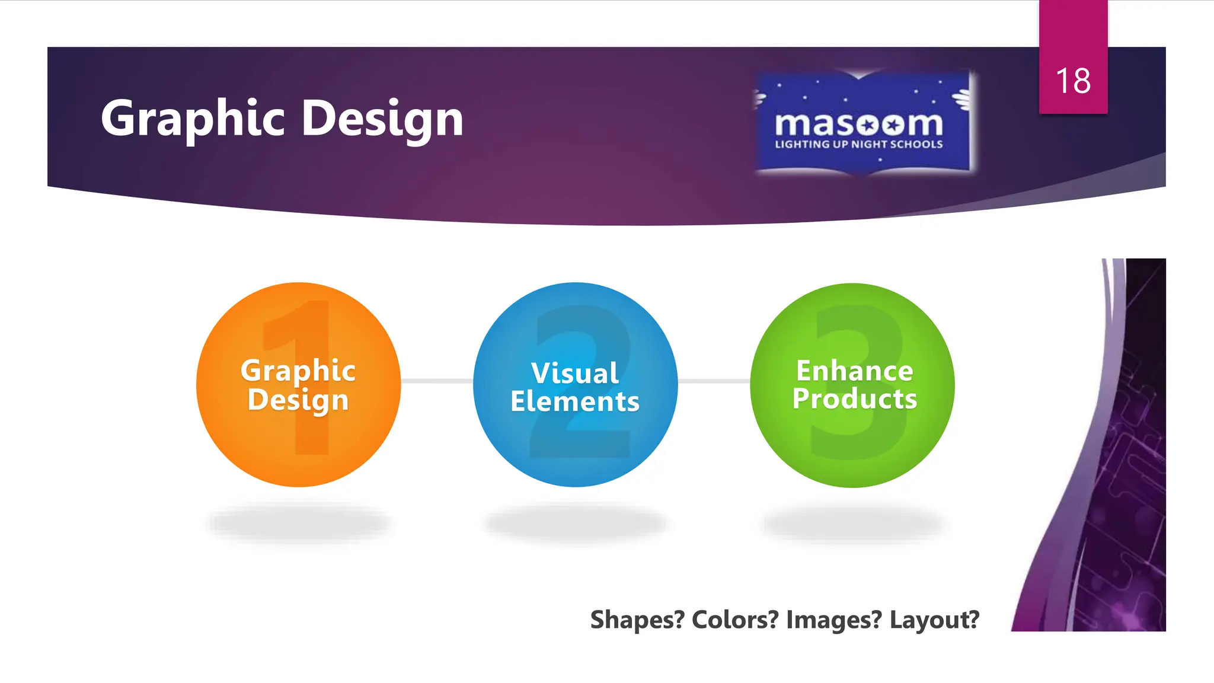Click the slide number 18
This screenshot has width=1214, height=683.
tap(1073, 81)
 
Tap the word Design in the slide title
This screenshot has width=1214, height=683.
tap(382, 119)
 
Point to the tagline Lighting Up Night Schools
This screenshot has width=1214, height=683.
tap(858, 144)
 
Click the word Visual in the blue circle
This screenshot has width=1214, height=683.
tap(575, 373)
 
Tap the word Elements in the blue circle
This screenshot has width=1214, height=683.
tap(575, 401)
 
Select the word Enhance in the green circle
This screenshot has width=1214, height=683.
tap(854, 371)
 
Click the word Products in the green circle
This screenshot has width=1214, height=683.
tap(854, 398)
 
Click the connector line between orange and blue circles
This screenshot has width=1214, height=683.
tap(437, 381)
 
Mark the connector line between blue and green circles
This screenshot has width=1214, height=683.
tap(714, 381)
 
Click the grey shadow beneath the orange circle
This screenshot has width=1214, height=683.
tap(298, 523)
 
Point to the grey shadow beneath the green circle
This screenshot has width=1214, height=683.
tap(852, 523)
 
